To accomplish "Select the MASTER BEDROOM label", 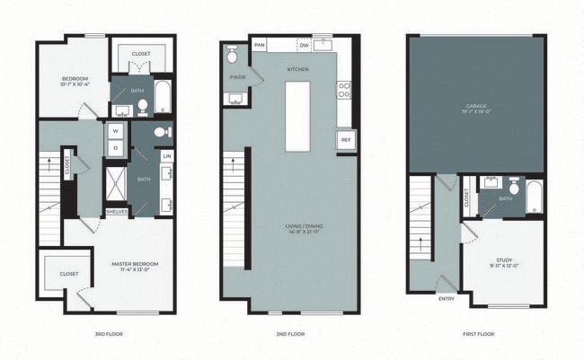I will (x=135, y=265).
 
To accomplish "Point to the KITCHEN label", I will (x=298, y=69).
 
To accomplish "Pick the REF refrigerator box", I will (x=345, y=140).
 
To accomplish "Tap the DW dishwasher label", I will (x=305, y=45).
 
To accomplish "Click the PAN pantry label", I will (x=260, y=45).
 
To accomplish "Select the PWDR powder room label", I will (x=236, y=77).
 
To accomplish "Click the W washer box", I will (x=116, y=131).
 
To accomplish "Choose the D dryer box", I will (x=116, y=147).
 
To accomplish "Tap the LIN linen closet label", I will (x=167, y=156).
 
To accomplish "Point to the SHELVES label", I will (x=117, y=212).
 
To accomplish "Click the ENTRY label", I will (x=446, y=300).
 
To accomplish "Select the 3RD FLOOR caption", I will (x=108, y=335).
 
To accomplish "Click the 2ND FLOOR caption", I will (x=292, y=335).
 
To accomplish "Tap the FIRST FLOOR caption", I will (x=476, y=335).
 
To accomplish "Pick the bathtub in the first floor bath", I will (x=535, y=198).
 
